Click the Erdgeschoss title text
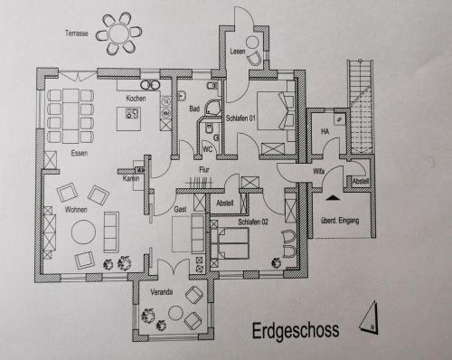[296, 331]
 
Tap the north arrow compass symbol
[370, 317]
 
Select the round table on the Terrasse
[119, 33]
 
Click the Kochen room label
[136, 99]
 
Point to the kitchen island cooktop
[133, 113]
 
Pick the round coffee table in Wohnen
[83, 232]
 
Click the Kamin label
[131, 178]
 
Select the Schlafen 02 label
[253, 223]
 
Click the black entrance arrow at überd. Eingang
[332, 198]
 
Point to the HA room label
[325, 131]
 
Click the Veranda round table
[176, 313]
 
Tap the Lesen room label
[238, 52]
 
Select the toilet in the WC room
[208, 128]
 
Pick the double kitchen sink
[150, 85]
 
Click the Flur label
[204, 170]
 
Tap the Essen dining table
[71, 116]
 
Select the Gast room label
[180, 209]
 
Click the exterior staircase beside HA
[361, 107]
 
